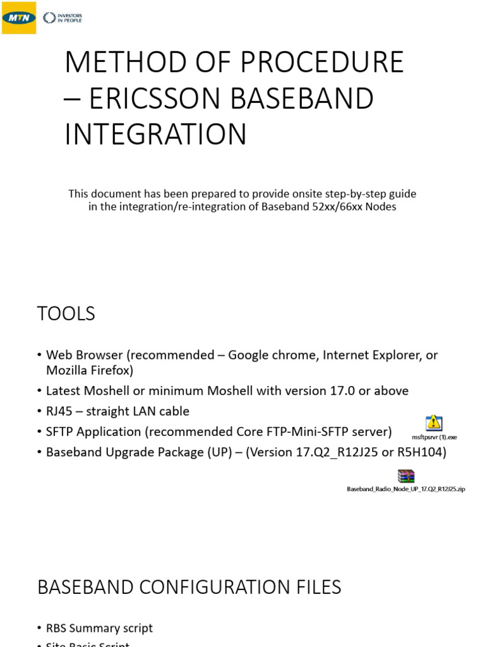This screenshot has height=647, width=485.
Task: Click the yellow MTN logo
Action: click(18, 18)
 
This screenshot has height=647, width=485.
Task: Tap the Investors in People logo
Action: click(62, 18)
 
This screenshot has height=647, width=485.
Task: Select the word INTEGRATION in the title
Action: click(155, 135)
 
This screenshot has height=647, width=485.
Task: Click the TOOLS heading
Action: click(66, 313)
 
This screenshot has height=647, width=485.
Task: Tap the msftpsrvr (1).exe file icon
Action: click(434, 423)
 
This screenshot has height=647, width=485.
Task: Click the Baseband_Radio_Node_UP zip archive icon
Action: click(405, 476)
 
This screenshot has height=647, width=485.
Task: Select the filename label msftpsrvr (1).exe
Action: click(434, 437)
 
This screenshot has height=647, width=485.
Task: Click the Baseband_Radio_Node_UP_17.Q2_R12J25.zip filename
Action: click(406, 489)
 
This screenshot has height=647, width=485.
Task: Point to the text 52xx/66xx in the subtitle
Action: click(343, 207)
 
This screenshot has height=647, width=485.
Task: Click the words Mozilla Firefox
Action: click(90, 370)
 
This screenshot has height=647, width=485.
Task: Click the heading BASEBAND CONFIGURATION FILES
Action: click(189, 587)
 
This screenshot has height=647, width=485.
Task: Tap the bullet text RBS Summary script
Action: click(99, 628)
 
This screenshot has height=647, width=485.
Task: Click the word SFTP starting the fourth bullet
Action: click(61, 432)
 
